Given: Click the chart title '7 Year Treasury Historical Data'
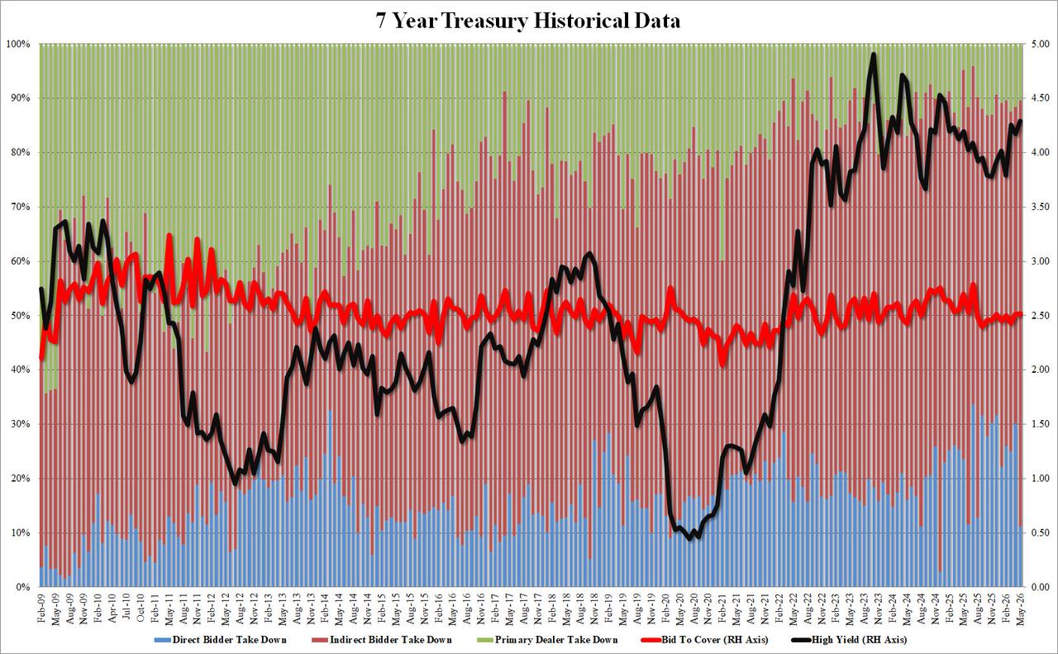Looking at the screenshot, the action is pyautogui.click(x=528, y=21).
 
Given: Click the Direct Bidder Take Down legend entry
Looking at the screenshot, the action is pyautogui.click(x=220, y=640).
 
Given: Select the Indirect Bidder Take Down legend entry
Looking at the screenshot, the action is pyautogui.click(x=382, y=640).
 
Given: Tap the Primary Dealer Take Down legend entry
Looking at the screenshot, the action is pyautogui.click(x=547, y=640).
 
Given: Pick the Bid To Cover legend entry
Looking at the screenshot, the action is pyautogui.click(x=704, y=640).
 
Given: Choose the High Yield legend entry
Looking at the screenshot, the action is pyautogui.click(x=849, y=640).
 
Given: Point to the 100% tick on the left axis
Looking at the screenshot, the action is pyautogui.click(x=18, y=44).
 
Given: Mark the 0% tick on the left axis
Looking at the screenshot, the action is pyautogui.click(x=22, y=587).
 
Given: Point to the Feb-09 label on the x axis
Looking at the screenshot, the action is pyautogui.click(x=41, y=609).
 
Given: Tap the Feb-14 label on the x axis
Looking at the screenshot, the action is pyautogui.click(x=325, y=609).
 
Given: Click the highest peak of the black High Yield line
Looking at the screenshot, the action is pyautogui.click(x=874, y=55).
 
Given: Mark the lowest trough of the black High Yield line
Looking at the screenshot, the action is pyautogui.click(x=689, y=537).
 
